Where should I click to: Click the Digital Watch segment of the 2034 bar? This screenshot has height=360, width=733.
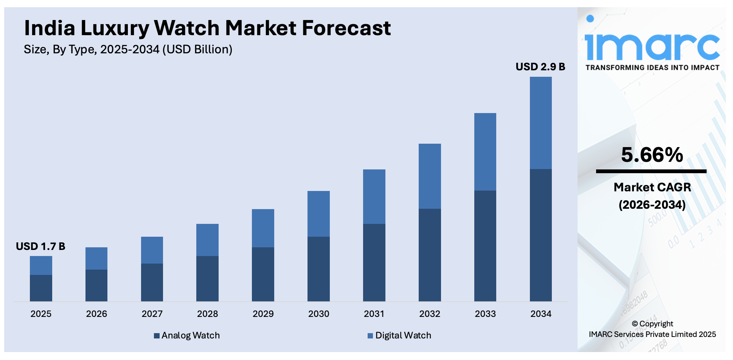pos(540,123)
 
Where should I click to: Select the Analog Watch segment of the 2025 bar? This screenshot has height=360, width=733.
pos(41,288)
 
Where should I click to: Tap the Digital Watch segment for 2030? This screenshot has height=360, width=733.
pos(318,214)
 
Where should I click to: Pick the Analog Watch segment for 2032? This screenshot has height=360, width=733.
pos(430,255)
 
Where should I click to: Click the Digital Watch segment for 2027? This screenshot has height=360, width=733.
pos(152,250)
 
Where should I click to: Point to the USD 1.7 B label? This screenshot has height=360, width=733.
pos(40,247)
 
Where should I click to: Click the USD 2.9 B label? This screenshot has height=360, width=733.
pos(540,67)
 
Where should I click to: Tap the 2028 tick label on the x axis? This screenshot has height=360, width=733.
pos(207,314)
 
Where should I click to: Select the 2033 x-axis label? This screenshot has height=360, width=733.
pos(485,314)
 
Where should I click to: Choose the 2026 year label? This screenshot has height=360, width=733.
pos(96,314)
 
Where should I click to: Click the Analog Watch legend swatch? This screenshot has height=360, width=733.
pos(157,336)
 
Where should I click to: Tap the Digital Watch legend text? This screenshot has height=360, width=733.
pos(403,335)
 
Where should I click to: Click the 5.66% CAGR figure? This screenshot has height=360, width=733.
pos(652,155)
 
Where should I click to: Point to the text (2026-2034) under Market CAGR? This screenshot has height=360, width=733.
pos(652,205)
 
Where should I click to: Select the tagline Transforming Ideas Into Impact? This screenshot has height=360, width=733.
pos(652,68)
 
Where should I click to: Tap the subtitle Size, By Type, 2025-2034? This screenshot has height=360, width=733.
pos(128,50)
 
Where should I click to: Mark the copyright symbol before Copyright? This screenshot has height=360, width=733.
pos(635,324)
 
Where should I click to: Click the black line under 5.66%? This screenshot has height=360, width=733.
pos(651,171)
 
